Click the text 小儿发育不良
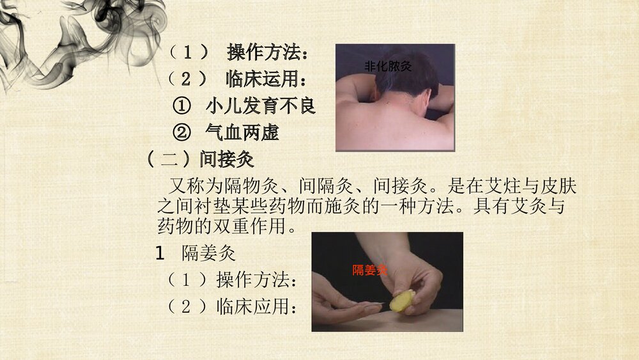261,106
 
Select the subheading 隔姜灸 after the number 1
209,253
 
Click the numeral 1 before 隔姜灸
161,253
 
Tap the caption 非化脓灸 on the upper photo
387,66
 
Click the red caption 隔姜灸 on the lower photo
370,270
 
